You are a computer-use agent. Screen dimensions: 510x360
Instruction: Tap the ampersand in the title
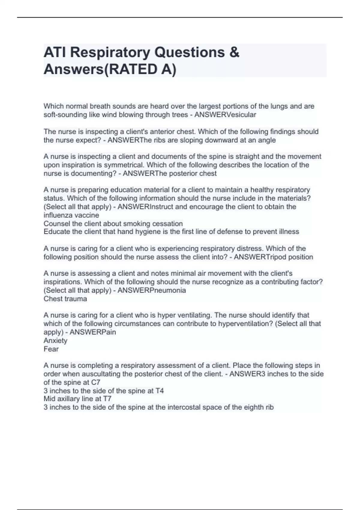pos(234,52)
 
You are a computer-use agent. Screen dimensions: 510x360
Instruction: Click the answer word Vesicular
pos(242,115)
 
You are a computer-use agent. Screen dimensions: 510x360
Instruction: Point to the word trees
pos(180,115)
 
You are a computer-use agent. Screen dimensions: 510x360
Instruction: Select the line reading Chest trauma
pos(65,299)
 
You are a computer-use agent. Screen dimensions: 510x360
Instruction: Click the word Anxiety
pos(55,340)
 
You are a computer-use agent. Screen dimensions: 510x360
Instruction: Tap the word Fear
pos(51,349)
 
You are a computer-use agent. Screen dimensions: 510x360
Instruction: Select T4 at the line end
pos(159,391)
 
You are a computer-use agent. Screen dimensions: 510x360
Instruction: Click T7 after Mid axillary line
pos(107,399)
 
